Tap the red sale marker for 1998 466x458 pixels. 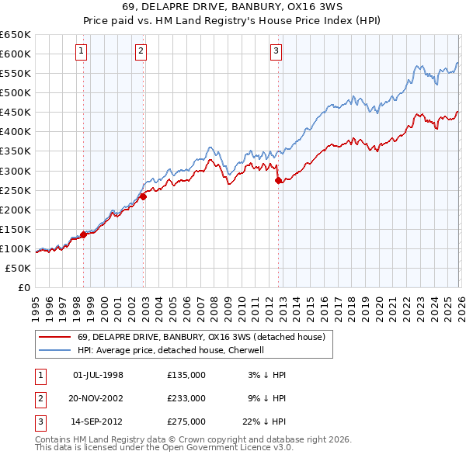(x=83, y=234)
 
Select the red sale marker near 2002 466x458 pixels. (x=144, y=196)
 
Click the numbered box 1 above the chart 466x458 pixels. (x=82, y=52)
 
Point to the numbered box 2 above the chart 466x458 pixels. (x=141, y=52)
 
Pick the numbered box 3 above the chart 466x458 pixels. (x=276, y=52)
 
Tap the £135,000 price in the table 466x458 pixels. (x=186, y=375)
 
